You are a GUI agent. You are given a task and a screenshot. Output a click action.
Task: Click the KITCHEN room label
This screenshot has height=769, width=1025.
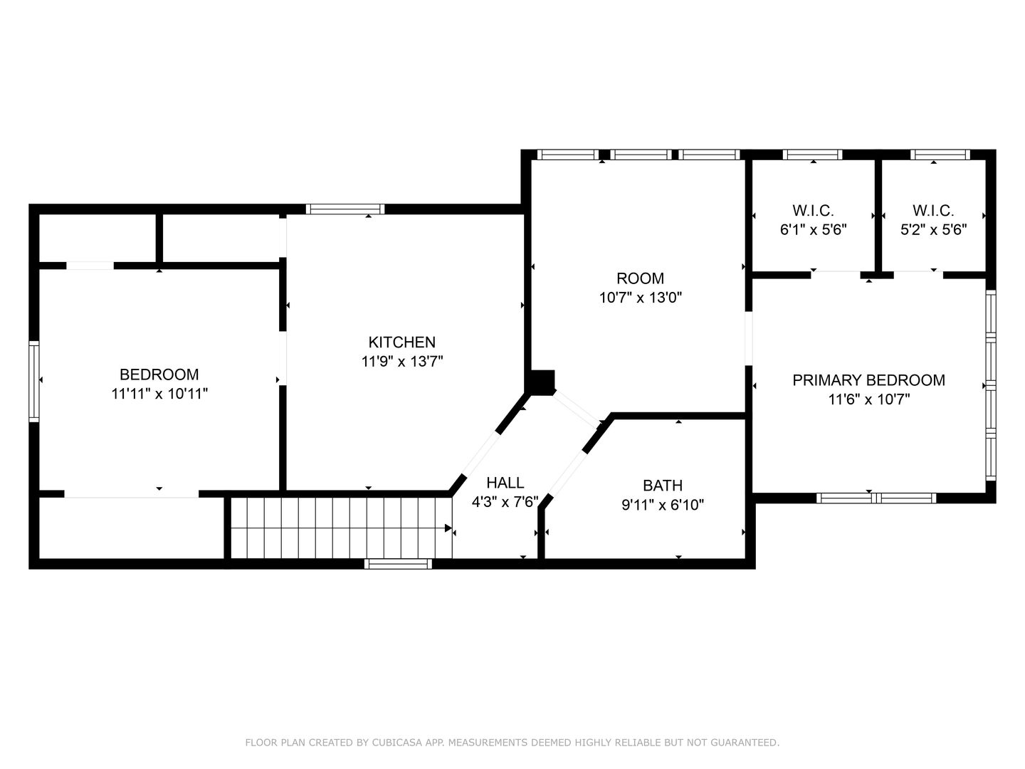click(x=401, y=342)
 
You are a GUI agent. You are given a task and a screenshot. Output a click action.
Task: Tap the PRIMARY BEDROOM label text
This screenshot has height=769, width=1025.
click(x=868, y=380)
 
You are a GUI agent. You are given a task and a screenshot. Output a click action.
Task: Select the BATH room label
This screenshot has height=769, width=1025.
click(x=663, y=486)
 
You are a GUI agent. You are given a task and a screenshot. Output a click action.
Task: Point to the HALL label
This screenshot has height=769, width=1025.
click(x=505, y=482)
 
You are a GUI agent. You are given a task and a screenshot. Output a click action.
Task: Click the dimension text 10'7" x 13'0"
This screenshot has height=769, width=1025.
click(x=640, y=298)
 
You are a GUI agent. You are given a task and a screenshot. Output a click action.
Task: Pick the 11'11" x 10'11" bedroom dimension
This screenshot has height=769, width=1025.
click(x=159, y=394)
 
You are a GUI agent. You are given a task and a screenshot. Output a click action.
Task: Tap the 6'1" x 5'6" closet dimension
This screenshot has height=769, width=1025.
click(x=813, y=230)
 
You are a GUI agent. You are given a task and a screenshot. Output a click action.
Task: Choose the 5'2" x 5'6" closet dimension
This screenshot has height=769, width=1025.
click(x=933, y=230)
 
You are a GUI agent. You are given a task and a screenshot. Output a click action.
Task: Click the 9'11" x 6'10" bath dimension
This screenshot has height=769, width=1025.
click(x=663, y=505)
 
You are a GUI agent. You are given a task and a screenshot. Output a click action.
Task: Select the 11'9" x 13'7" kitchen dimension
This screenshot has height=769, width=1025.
click(x=401, y=362)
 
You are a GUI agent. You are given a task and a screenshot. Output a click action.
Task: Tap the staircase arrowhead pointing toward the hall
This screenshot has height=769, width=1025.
click(x=448, y=528)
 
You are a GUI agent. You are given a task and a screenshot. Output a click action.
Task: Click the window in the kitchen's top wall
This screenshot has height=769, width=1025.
click(x=345, y=209)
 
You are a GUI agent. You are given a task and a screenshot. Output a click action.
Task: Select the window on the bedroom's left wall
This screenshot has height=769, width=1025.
click(x=33, y=382)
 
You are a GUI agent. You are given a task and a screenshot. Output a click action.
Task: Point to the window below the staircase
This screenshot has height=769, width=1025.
click(x=398, y=563)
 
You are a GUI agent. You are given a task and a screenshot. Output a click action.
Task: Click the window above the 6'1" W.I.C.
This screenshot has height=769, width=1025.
click(x=813, y=155)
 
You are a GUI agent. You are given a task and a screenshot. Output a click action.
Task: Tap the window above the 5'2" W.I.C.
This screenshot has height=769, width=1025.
click(x=940, y=155)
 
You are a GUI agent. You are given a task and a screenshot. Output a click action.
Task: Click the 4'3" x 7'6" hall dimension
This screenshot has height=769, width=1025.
click(x=505, y=502)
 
